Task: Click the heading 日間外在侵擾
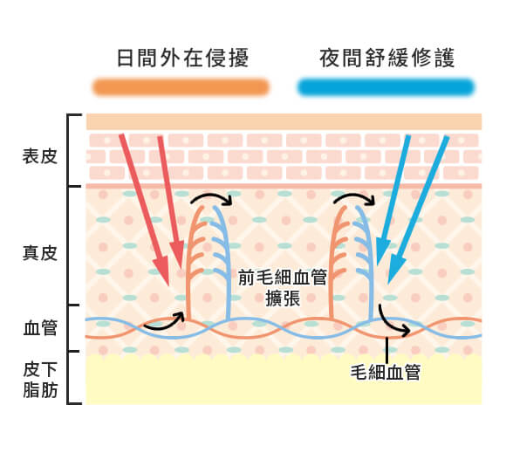pos(181,58)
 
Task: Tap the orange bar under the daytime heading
pos(181,87)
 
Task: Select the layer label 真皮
pos(39,253)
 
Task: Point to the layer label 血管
pos(39,328)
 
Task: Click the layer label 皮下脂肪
pos(39,381)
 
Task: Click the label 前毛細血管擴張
pos(283,287)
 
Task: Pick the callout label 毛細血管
pos(383,372)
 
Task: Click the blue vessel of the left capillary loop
pos(229,262)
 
